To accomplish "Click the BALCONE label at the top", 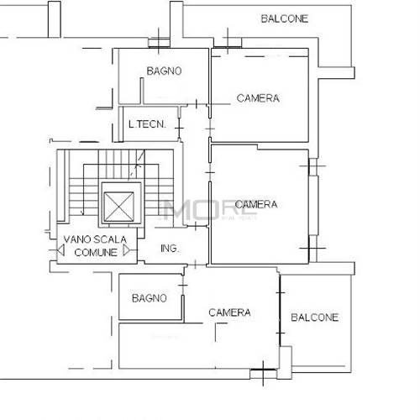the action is coord(285,18).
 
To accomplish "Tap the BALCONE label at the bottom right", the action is coord(315,318).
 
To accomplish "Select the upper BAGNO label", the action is coord(164,71).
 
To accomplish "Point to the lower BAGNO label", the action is coord(150,298).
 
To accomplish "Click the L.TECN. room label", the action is coord(147,124).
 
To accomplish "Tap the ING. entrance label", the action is coord(170,249).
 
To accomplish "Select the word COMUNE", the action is coord(96,253).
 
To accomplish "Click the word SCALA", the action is coord(110,239).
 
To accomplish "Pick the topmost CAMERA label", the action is coord(258,98).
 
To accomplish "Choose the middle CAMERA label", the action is coord(256,204).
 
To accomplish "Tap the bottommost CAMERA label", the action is coord(229,312).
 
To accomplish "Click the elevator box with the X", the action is coord(118,207).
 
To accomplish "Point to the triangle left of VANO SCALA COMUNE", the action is coord(60,250).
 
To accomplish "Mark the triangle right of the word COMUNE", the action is coord(127,250).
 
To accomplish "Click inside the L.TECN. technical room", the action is coord(150,132).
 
